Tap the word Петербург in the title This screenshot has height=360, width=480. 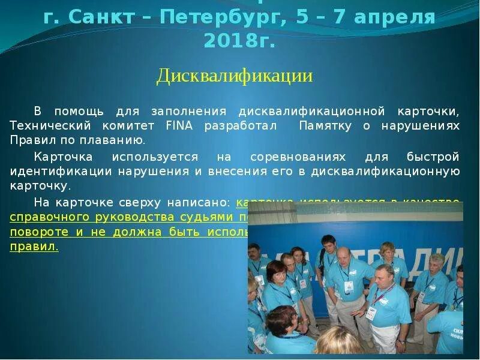tap(224, 17)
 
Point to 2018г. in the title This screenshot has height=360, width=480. tap(239, 40)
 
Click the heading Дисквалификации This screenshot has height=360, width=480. tap(235, 76)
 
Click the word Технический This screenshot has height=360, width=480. tap(50, 126)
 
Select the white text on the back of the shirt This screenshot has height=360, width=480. tap(457, 334)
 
